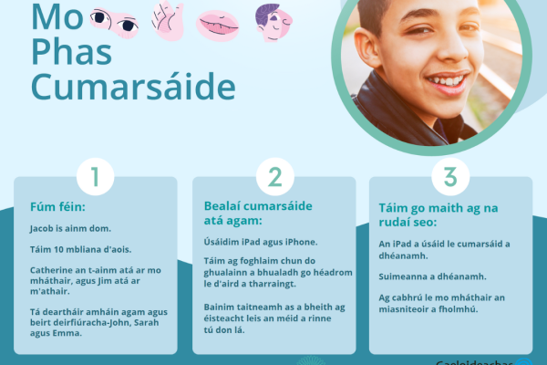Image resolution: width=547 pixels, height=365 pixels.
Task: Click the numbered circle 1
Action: (x=95, y=175)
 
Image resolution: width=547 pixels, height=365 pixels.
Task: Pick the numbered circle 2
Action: (x=273, y=175)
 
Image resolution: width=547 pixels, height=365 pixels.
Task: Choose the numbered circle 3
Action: (x=449, y=175)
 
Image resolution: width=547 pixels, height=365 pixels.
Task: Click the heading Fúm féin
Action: (x=57, y=206)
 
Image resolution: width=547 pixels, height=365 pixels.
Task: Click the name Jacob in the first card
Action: (x=43, y=229)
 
